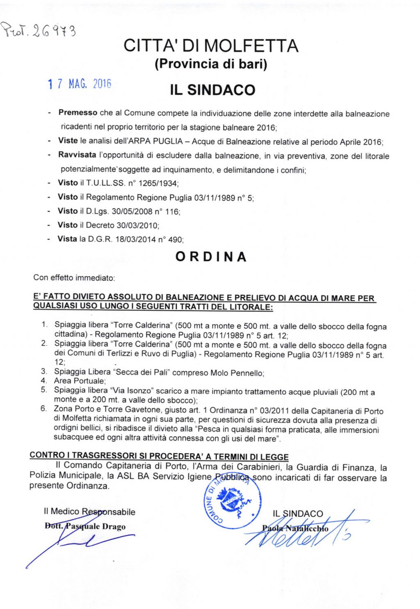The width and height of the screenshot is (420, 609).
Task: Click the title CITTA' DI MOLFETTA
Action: click(x=211, y=46)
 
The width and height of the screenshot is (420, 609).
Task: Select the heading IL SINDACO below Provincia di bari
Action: click(x=212, y=90)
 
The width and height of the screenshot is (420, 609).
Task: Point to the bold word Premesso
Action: click(x=78, y=112)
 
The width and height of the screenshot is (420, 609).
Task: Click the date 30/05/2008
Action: click(x=132, y=211)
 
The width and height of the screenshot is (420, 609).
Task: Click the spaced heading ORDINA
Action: click(x=211, y=257)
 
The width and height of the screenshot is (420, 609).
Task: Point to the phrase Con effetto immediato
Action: click(x=74, y=278)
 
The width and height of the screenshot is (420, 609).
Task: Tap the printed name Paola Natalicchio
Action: click(x=295, y=528)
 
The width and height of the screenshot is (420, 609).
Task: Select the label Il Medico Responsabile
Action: click(x=89, y=512)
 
